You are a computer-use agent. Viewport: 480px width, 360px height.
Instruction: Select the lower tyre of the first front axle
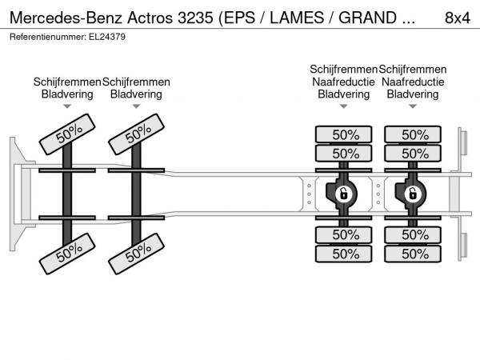click(67, 254)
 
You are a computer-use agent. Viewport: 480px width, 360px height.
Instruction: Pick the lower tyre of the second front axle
click(136, 254)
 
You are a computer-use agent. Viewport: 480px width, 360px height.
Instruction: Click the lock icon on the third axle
click(343, 194)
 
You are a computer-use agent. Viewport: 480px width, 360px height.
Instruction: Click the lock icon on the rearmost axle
click(413, 194)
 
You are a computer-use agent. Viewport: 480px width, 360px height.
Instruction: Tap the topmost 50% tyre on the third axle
click(344, 134)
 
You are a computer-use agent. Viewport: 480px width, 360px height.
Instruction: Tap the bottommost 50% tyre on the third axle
click(344, 254)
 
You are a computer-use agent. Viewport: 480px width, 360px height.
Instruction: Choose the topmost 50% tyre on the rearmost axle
click(414, 134)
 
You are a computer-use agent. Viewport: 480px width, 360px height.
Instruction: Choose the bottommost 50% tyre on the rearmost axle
click(414, 254)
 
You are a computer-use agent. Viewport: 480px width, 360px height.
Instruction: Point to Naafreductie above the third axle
click(344, 82)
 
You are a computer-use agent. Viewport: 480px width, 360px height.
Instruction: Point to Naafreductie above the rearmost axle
click(413, 82)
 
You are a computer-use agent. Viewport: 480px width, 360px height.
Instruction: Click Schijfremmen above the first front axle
click(67, 82)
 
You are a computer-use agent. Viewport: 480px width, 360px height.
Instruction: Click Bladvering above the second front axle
click(136, 94)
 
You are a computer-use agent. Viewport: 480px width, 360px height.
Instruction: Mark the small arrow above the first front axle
click(67, 106)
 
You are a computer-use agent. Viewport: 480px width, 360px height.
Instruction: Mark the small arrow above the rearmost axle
click(413, 106)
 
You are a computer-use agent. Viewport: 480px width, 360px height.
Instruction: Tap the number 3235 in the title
click(194, 18)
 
